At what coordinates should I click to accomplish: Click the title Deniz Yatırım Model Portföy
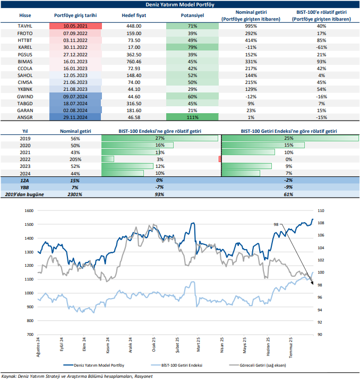pyautogui.click(x=180, y=4)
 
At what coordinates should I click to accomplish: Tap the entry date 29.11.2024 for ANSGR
pyautogui.click(x=75, y=116)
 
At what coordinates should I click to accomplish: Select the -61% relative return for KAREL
pyautogui.click(x=321, y=47)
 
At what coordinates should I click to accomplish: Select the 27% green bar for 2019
pyautogui.click(x=159, y=138)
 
